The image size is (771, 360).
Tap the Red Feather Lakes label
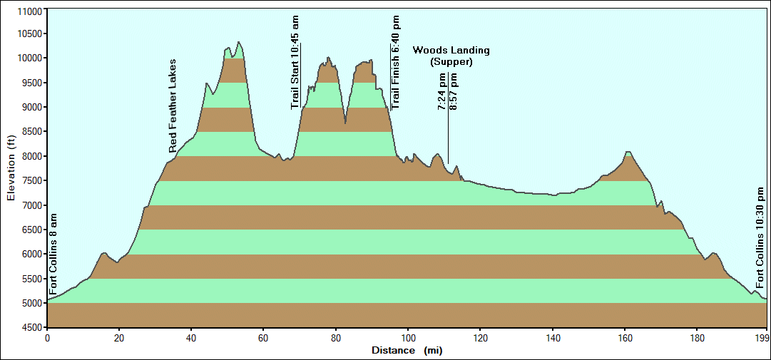click(x=173, y=106)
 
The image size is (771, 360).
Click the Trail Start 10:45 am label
click(x=295, y=62)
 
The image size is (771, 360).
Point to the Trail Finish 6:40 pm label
click(x=396, y=62)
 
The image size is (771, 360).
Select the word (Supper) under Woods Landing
click(x=451, y=62)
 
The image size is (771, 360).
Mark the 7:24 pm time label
click(x=442, y=92)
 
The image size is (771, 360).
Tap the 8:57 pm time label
click(x=454, y=92)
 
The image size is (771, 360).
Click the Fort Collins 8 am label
click(x=53, y=252)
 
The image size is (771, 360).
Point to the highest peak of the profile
click(x=239, y=42)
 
